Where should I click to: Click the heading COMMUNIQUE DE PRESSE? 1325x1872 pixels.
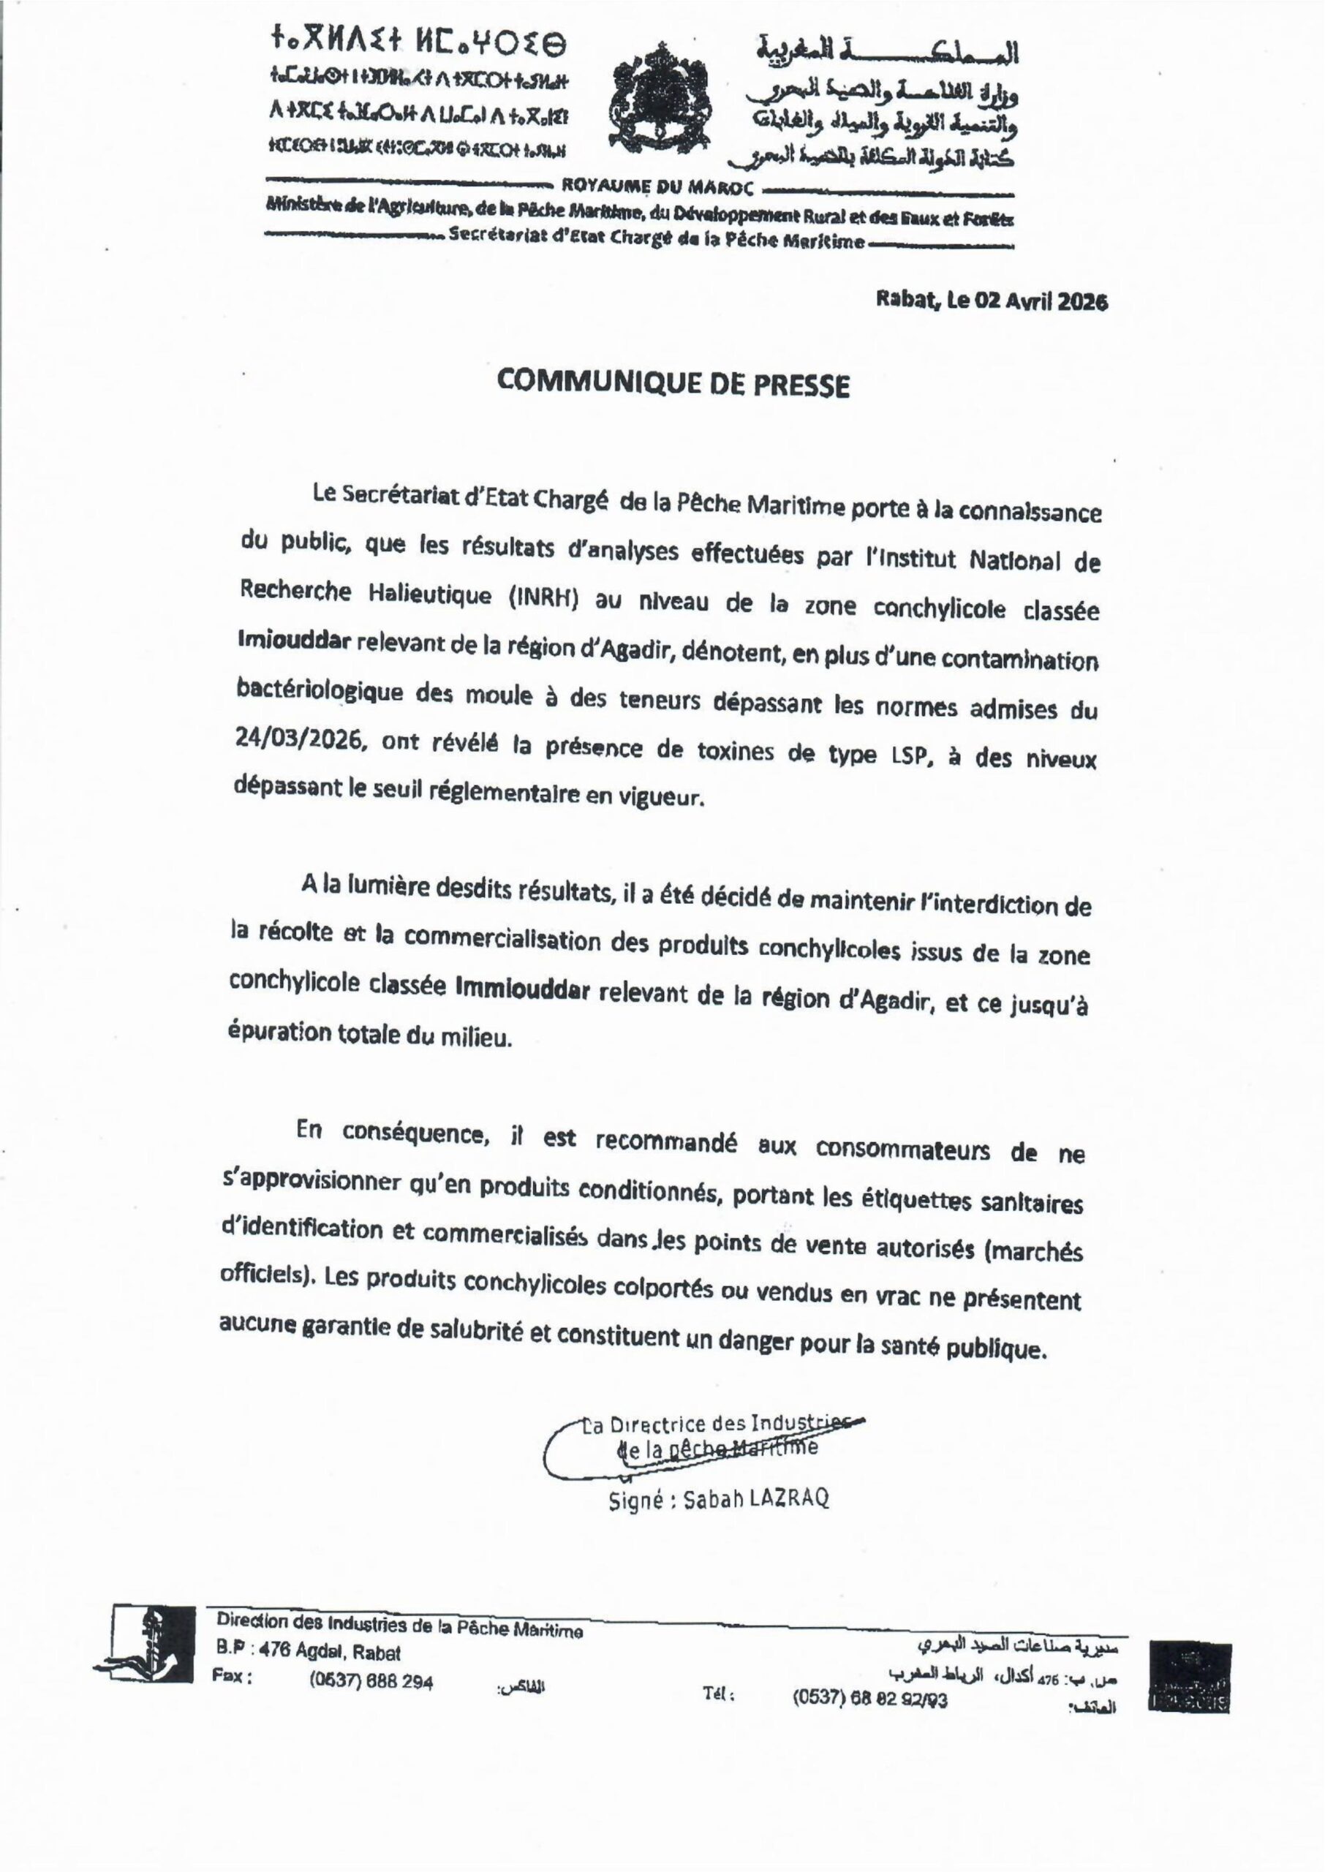pyautogui.click(x=673, y=384)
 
